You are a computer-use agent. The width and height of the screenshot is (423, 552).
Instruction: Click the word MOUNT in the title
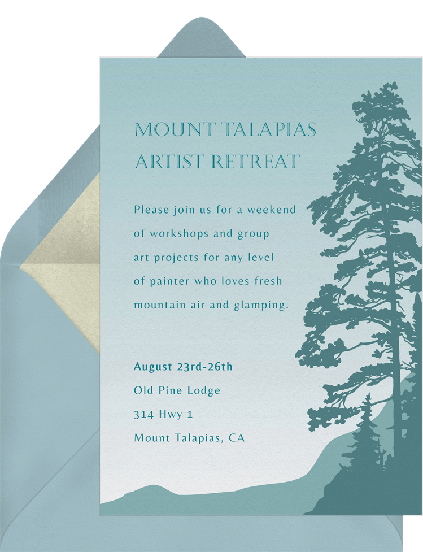coord(175,129)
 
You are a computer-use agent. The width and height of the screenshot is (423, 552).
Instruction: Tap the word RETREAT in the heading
coord(256,162)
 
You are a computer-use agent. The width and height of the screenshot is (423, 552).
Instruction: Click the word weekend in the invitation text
coord(272,210)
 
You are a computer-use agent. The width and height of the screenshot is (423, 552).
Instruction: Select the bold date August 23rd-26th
coord(183,367)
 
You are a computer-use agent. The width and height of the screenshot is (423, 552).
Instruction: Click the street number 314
coord(144,414)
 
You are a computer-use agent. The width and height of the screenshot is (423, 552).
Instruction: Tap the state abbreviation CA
coord(237,438)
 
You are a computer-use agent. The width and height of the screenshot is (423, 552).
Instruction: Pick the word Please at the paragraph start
coord(152,210)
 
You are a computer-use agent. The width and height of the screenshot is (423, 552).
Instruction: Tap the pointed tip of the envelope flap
coord(201,18)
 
